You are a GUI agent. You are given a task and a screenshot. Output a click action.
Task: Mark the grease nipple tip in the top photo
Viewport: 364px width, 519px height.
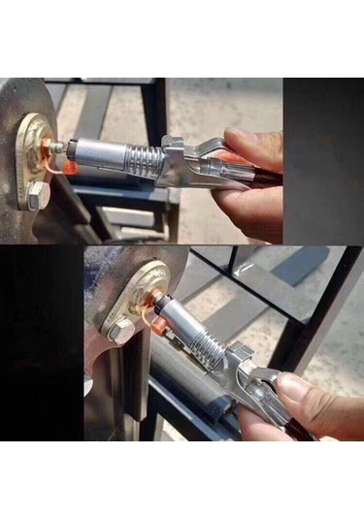coord(57,146)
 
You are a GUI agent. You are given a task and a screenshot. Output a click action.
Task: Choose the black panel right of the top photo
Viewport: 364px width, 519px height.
coord(323,160)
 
